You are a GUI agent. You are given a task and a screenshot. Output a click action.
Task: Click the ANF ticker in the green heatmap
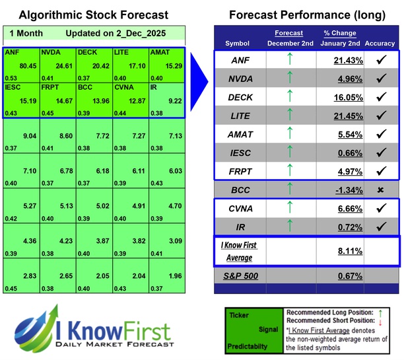point(12,51)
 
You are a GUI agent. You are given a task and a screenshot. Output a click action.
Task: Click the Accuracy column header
point(379,43)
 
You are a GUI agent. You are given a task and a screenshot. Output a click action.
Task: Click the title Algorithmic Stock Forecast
point(93,15)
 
